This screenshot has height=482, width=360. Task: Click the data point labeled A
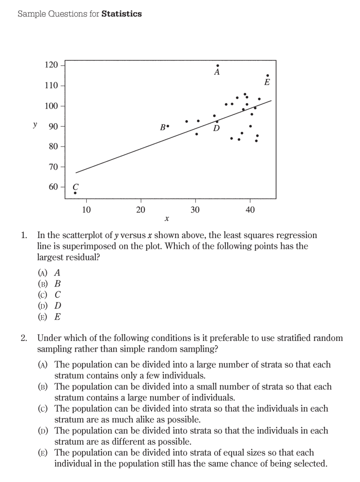218,65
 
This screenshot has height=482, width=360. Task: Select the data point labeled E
267,76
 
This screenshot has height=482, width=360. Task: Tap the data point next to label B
168,126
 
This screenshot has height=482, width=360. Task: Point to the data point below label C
75,193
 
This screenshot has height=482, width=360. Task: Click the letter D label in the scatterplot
216,129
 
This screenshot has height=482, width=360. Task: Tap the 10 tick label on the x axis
86,209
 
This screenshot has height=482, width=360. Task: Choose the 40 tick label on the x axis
250,209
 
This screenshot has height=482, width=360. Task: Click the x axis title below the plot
166,220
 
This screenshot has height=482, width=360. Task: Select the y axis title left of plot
34,125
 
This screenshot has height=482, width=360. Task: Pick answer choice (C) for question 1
43,294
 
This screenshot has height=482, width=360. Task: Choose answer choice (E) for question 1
43,317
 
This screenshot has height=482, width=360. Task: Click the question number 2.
24,337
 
